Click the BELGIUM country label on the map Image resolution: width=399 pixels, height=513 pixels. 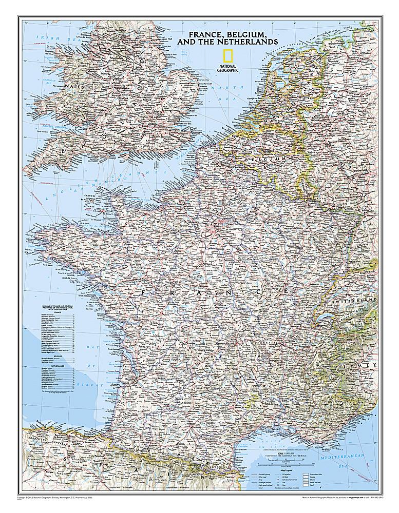pyautogui.click(x=265, y=160)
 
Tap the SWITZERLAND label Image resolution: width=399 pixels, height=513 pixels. pyautogui.click(x=358, y=298)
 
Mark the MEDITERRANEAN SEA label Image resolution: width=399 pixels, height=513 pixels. pyautogui.click(x=354, y=458)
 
